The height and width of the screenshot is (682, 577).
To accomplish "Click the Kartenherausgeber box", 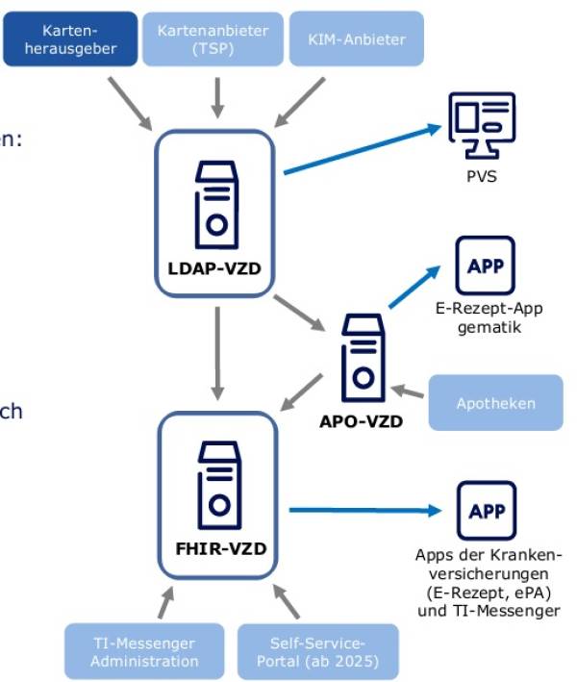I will pyautogui.click(x=70, y=39).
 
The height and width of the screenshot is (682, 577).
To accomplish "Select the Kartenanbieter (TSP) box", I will pyautogui.click(x=213, y=39).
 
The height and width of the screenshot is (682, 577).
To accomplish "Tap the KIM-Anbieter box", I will pyautogui.click(x=357, y=39).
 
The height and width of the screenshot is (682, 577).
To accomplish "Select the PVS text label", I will pyautogui.click(x=483, y=178).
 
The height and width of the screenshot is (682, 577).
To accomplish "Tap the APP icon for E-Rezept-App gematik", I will pyautogui.click(x=485, y=265).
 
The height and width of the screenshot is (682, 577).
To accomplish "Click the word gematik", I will pyautogui.click(x=485, y=327).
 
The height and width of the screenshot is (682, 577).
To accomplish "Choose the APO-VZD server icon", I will pyautogui.click(x=362, y=361).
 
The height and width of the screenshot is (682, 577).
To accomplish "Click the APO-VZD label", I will pyautogui.click(x=361, y=420).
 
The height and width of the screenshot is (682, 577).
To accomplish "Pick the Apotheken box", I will pyautogui.click(x=495, y=403).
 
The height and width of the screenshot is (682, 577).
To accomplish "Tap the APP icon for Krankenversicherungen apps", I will pyautogui.click(x=486, y=511).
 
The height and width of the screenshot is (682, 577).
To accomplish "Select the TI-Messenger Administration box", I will pyautogui.click(x=144, y=651).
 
